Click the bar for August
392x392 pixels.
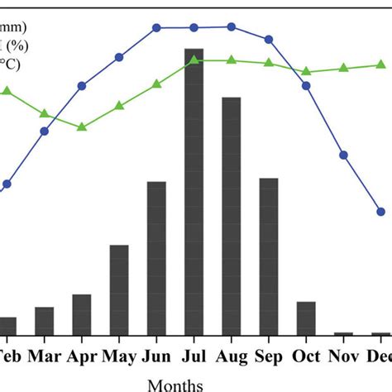pyautogui.click(x=232, y=216)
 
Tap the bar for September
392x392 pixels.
pyautogui.click(x=269, y=256)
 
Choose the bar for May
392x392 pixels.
pyautogui.click(x=119, y=289)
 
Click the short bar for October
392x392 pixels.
pyautogui.click(x=306, y=318)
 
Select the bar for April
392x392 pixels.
pyautogui.click(x=82, y=314)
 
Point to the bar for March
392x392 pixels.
pyautogui.click(x=44, y=321)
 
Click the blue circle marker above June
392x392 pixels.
pyautogui.click(x=156, y=27)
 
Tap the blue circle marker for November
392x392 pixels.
pyautogui.click(x=344, y=155)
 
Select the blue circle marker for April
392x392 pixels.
pyautogui.click(x=82, y=86)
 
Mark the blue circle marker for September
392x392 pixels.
pyautogui.click(x=269, y=39)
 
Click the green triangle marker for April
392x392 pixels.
pyautogui.click(x=82, y=127)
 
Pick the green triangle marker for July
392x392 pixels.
pyautogui.click(x=194, y=60)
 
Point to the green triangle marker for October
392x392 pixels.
pyautogui.click(x=306, y=72)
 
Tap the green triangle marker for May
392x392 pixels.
pyautogui.click(x=119, y=105)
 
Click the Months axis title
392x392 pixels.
pyautogui.click(x=174, y=384)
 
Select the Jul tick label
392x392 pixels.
pyautogui.click(x=194, y=356)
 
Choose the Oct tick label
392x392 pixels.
pyautogui.click(x=306, y=356)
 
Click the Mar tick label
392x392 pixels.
pyautogui.click(x=44, y=356)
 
